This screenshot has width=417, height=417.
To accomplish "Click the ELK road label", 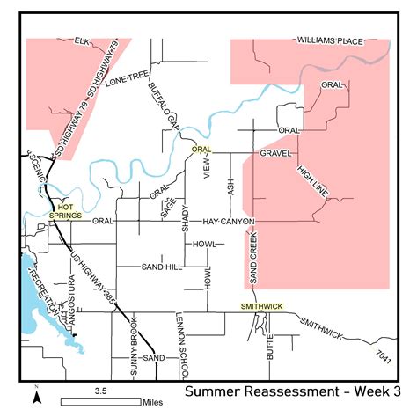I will (83, 40).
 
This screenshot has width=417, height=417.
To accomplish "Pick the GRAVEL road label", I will (275, 153).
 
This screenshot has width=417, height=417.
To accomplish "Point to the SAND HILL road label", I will (161, 266).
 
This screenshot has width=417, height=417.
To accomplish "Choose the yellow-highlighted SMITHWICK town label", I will (263, 306).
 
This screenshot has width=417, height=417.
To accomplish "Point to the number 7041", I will (381, 353).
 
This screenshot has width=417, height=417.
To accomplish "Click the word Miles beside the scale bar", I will (155, 401).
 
